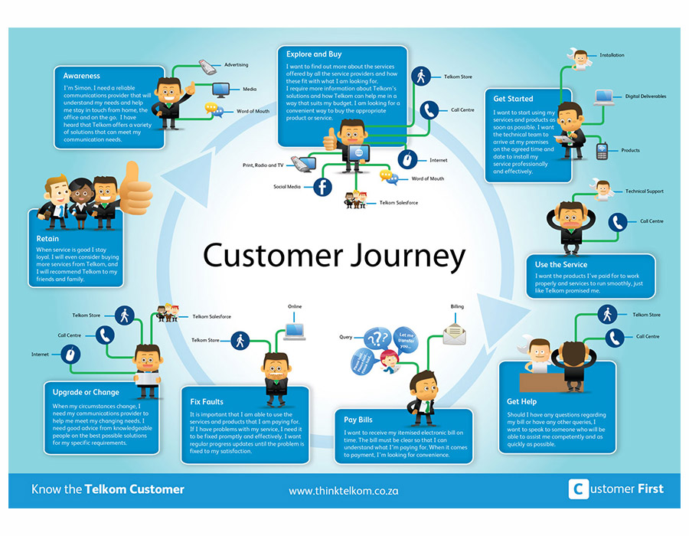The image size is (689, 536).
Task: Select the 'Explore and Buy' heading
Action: [314, 54]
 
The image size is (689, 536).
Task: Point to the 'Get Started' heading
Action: [513, 99]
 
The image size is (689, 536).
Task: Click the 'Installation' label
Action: [612, 55]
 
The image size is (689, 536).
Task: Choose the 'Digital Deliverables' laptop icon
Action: [605, 97]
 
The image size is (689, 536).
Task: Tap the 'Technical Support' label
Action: [644, 191]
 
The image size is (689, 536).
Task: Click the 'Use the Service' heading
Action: [561, 265]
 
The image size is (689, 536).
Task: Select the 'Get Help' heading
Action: [521, 400]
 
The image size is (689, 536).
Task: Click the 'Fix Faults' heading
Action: [207, 401]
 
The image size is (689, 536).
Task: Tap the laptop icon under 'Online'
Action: [295, 331]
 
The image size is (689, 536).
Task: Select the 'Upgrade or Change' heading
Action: [86, 392]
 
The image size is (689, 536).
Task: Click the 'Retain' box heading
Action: [47, 238]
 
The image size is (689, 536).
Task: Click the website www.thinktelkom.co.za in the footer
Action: [343, 489]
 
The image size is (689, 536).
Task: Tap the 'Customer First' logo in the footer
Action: [616, 489]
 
